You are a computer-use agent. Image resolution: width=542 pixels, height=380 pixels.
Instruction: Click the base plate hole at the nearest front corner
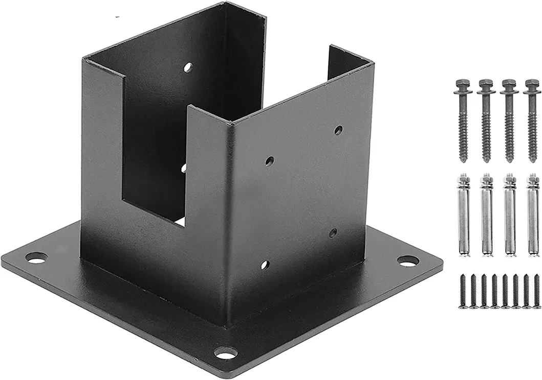coord(226,352)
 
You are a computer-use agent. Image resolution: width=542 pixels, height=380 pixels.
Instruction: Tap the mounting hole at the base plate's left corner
coord(36,257)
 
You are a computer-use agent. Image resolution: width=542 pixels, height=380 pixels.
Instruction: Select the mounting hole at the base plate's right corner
coord(407,260)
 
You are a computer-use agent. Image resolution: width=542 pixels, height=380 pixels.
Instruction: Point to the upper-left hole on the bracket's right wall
coord(269,161)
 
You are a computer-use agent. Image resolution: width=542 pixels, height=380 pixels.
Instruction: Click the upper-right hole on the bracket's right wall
coord(338,130)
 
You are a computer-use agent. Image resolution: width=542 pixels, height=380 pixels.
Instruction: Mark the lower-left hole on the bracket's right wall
coord(265,265)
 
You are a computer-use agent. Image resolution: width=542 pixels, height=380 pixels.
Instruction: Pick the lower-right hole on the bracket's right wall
coord(333,232)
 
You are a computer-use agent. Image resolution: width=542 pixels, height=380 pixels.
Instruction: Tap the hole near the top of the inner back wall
coord(188,67)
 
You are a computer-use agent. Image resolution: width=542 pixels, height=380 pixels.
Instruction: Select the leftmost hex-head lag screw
coord(463,120)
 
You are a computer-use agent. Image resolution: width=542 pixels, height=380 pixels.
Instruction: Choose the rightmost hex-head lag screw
coord(532,120)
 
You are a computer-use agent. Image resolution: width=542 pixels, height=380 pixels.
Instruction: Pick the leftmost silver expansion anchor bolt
coord(463,215)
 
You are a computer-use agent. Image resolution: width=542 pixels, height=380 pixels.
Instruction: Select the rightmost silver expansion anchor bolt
coord(533,215)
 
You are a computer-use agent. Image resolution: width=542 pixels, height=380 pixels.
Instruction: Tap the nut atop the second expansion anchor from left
coord(486,179)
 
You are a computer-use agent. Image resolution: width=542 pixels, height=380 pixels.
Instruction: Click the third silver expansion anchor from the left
coord(509,215)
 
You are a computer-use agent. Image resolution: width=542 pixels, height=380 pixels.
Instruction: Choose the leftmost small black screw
coord(463,291)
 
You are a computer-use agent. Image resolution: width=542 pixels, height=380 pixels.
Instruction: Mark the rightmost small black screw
coord(536,291)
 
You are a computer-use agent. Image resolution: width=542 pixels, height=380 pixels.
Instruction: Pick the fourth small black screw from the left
coord(494,291)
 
